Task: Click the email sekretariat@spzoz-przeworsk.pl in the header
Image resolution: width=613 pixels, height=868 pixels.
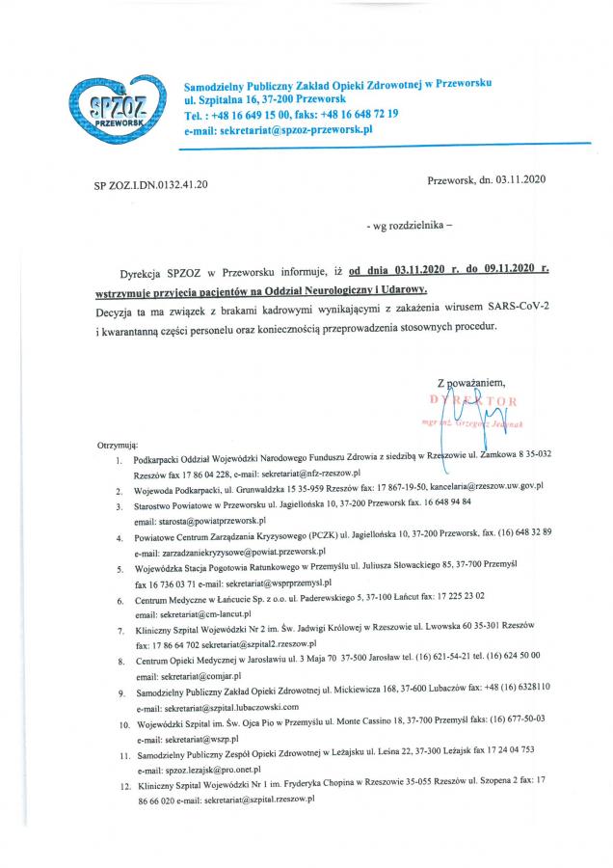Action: pos(296,128)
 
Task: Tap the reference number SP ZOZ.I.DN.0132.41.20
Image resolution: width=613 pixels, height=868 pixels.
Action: pos(151,183)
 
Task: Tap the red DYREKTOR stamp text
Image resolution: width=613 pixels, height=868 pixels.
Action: pos(474,400)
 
